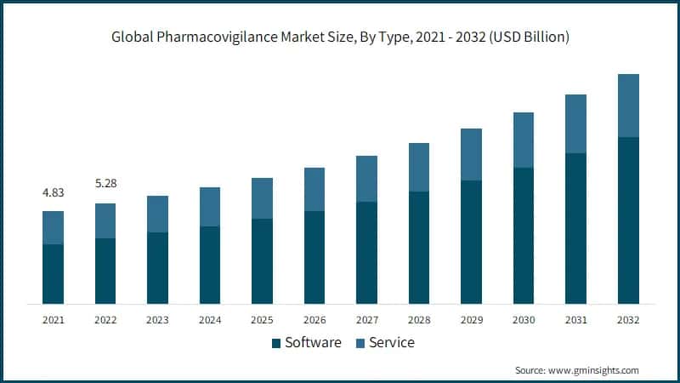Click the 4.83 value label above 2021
click(x=53, y=192)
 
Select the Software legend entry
click(x=312, y=343)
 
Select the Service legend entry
click(x=392, y=343)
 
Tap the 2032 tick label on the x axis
click(x=628, y=319)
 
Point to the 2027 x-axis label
click(x=366, y=319)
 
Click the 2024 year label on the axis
click(x=210, y=319)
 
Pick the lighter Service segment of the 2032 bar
click(x=628, y=106)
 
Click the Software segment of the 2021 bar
click(x=53, y=273)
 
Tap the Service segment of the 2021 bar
click(x=53, y=227)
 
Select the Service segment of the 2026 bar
click(x=314, y=189)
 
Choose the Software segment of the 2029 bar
click(x=471, y=242)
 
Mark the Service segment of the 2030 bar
click(x=524, y=140)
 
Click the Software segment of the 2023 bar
click(x=157, y=267)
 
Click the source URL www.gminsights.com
click(x=594, y=370)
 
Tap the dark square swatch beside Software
click(x=276, y=344)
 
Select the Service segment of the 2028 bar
click(x=419, y=167)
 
